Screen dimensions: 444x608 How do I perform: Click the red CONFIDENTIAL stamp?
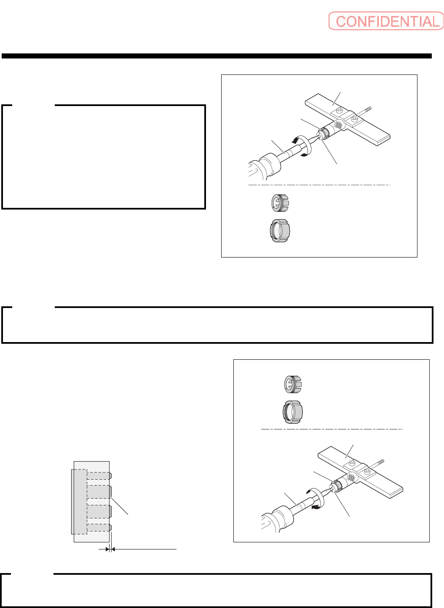tap(386, 21)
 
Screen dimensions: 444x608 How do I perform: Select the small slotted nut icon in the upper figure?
tap(280, 203)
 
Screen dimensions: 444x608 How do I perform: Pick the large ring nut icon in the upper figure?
tap(280, 231)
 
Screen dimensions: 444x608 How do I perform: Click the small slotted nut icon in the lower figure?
tap(293, 384)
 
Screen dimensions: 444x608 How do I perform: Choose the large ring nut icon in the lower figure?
tap(293, 412)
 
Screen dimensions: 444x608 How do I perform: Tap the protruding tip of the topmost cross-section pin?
tap(111, 476)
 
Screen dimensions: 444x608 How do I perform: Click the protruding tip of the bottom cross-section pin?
tap(111, 527)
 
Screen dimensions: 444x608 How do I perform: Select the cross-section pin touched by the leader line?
tap(99, 492)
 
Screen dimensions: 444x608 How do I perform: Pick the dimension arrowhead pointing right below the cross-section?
tap(107, 550)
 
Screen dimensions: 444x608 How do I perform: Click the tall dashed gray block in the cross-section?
tap(79, 502)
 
